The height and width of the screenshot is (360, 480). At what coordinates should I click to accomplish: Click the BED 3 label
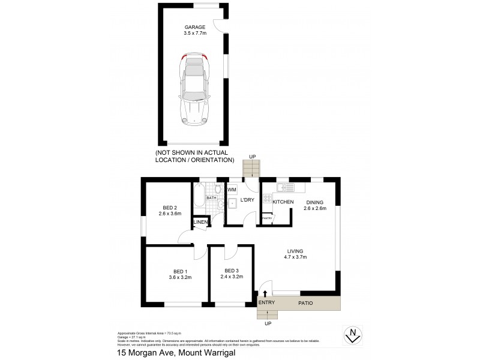pyautogui.click(x=232, y=270)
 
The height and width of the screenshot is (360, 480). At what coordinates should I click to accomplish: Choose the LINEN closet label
pyautogui.click(x=200, y=223)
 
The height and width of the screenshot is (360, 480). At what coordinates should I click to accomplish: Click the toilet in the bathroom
pyautogui.click(x=219, y=188)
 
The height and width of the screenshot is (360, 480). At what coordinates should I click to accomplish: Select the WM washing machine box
pyautogui.click(x=232, y=190)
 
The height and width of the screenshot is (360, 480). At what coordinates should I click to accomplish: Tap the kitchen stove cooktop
pyautogui.click(x=266, y=196)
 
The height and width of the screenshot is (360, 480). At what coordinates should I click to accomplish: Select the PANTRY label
pyautogui.click(x=266, y=219)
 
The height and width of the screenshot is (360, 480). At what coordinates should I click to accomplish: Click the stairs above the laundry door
pyautogui.click(x=252, y=169)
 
